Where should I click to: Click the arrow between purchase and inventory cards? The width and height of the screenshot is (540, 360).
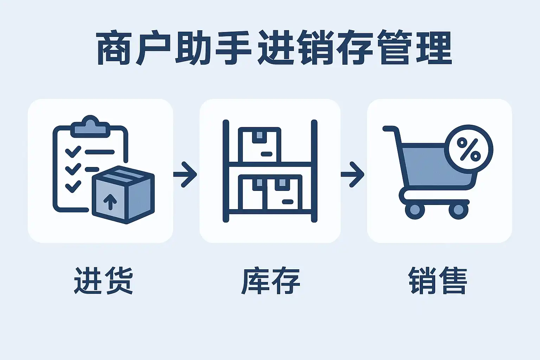pyautogui.click(x=186, y=174)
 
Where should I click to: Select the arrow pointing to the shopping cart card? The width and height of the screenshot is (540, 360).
pyautogui.click(x=353, y=174)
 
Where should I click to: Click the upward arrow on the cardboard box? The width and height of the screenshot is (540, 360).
pyautogui.click(x=110, y=201)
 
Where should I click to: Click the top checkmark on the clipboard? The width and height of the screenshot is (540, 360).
pyautogui.click(x=73, y=152)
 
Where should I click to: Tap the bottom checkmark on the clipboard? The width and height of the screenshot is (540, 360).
pyautogui.click(x=73, y=186)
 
